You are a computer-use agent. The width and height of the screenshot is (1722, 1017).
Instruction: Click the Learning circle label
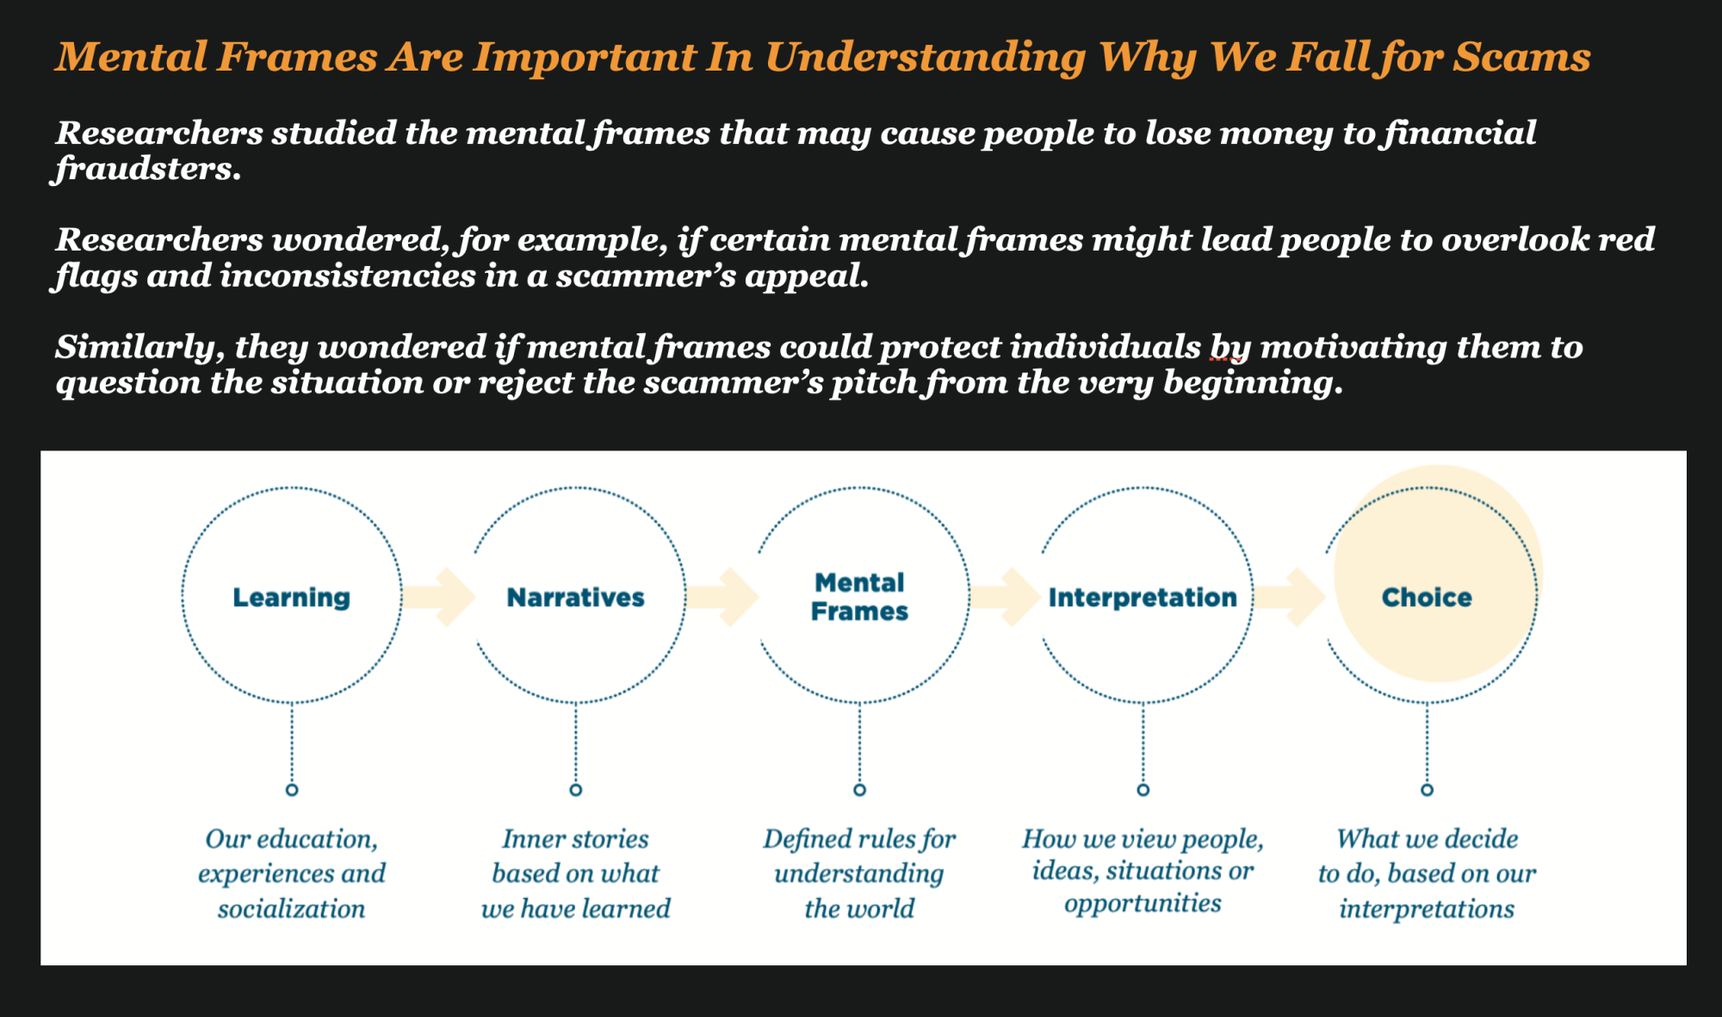291,597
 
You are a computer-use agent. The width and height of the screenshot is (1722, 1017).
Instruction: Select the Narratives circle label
575,597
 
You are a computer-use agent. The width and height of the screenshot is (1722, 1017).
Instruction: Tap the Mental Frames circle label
859,597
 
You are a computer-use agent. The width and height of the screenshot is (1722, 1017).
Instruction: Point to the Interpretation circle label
1143,597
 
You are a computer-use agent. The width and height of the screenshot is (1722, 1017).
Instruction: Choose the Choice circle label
1427,597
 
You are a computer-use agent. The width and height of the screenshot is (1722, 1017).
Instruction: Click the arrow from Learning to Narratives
440,597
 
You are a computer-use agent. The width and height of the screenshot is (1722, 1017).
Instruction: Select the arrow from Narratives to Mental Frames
724,597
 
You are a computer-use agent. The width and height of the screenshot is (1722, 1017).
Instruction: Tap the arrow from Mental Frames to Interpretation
1007,597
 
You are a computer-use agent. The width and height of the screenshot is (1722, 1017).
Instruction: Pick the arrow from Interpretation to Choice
1291,597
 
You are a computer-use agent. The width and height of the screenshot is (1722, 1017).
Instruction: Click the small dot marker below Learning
292,790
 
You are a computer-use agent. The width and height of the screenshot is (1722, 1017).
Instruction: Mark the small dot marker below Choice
1427,790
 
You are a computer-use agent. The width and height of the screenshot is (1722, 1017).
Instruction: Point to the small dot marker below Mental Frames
859,790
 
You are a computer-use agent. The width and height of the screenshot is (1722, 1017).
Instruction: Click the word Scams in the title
1521,57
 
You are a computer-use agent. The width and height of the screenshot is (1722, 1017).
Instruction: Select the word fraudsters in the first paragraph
147,169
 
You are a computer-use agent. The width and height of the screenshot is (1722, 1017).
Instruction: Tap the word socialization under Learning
291,908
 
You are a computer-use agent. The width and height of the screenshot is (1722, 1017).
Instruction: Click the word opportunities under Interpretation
1143,903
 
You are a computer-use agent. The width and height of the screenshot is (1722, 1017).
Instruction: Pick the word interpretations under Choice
1427,908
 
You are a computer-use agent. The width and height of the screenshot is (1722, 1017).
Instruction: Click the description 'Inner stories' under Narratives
575,839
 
